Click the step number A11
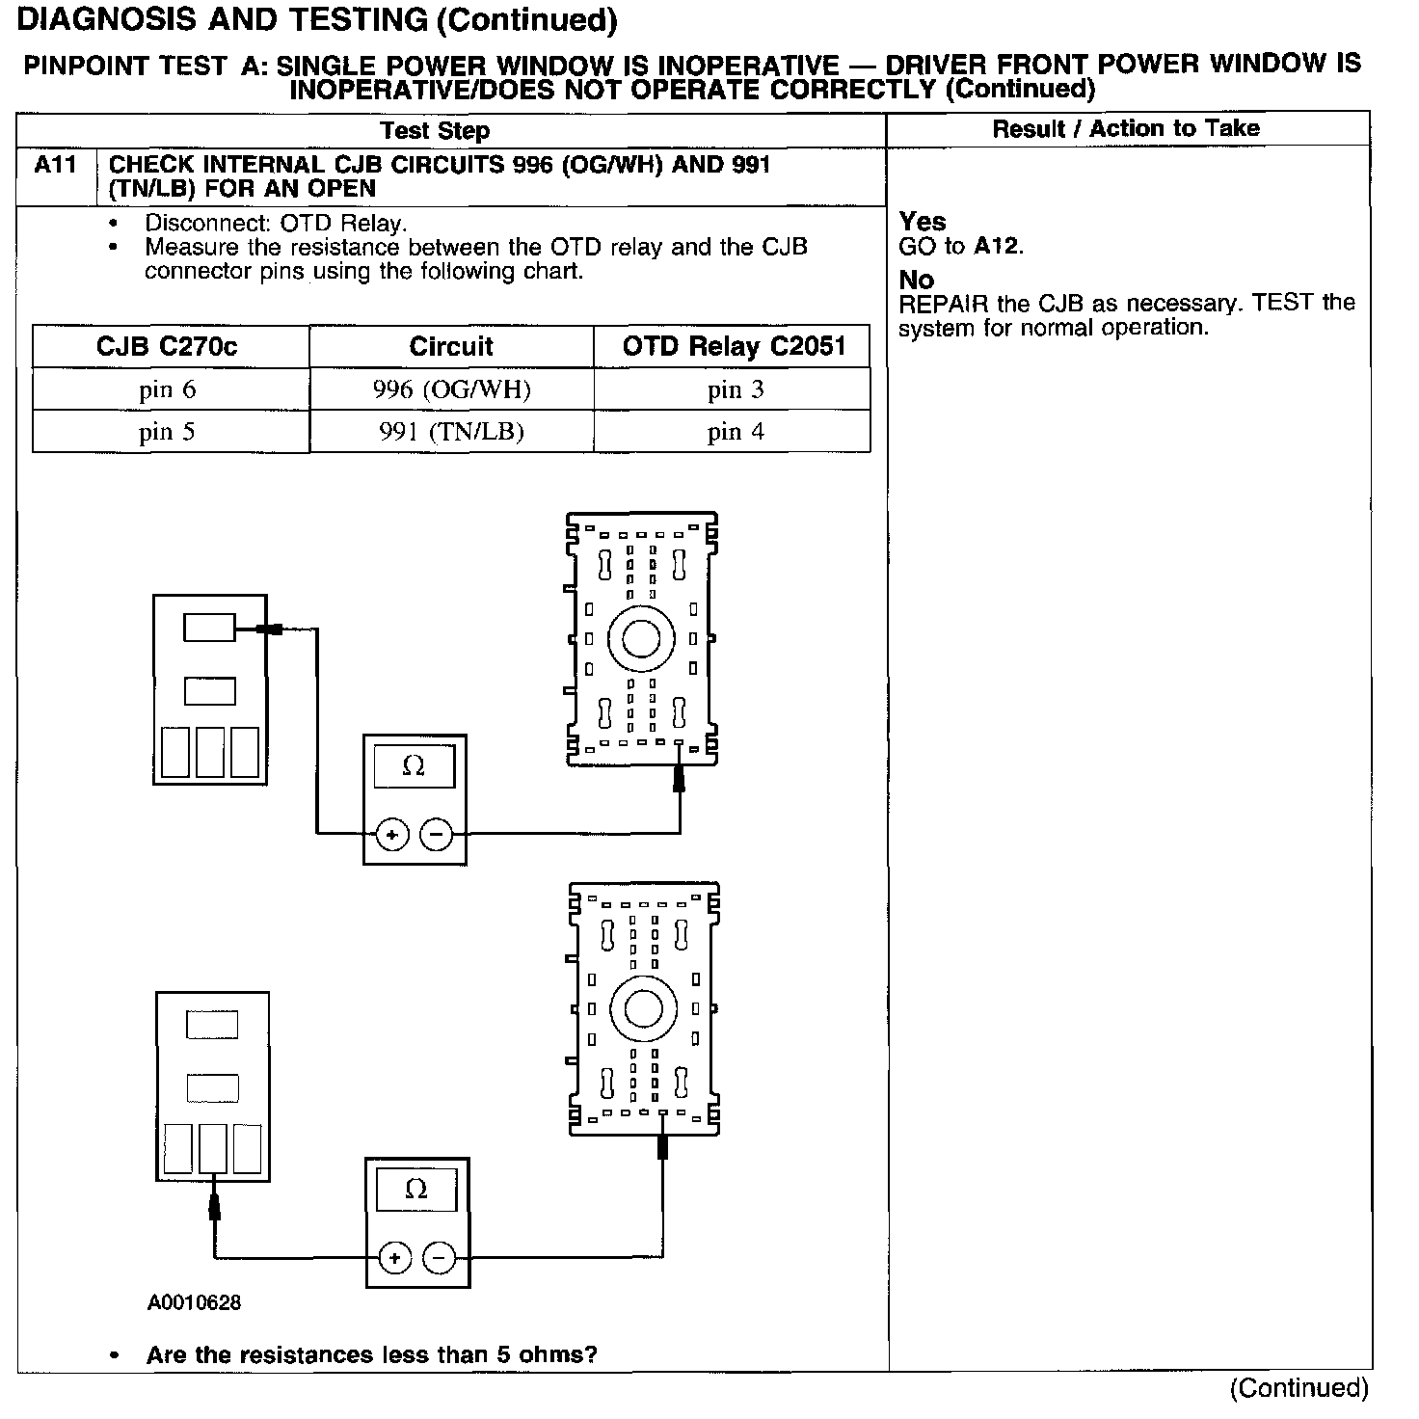click(x=55, y=166)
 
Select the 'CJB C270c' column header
click(x=167, y=347)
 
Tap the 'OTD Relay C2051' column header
click(x=734, y=347)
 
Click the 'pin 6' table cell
click(x=167, y=390)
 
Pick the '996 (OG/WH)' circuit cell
click(x=451, y=390)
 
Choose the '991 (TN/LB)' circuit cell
click(x=451, y=432)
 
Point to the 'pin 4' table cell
click(x=735, y=432)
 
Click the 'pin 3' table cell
click(x=735, y=390)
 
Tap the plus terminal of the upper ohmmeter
click(x=392, y=835)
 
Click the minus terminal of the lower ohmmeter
click(x=440, y=1258)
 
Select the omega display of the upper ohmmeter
click(x=414, y=766)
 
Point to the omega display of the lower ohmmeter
click(x=416, y=1190)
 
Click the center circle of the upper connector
click(x=640, y=638)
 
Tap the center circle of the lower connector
click(x=643, y=1008)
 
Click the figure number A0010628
click(x=194, y=1303)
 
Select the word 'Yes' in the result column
click(x=923, y=222)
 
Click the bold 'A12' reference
click(x=996, y=247)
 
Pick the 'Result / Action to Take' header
click(x=1126, y=129)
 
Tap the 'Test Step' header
click(x=435, y=131)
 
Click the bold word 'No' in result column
click(x=916, y=281)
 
